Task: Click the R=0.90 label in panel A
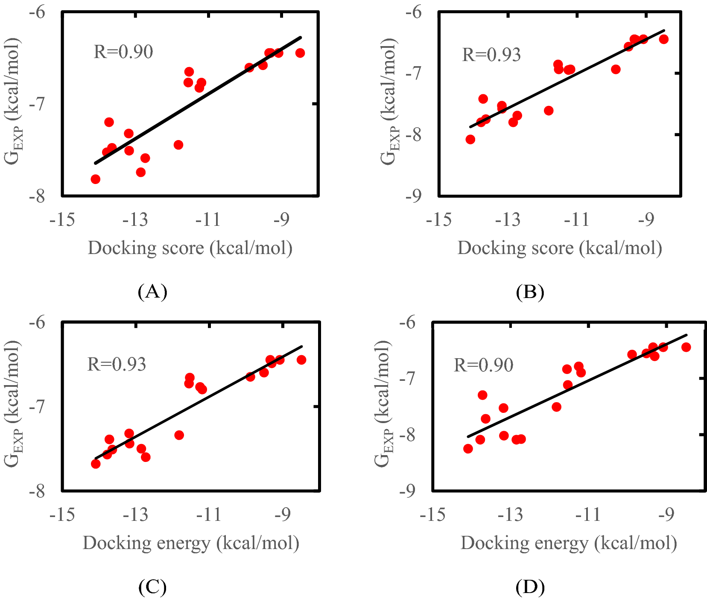(123, 52)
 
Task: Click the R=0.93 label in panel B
(491, 55)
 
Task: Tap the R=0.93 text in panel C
(117, 365)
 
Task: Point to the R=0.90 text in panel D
(483, 365)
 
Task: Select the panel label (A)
(152, 292)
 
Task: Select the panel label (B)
(530, 292)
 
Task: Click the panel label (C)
(152, 587)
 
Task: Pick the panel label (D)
(530, 588)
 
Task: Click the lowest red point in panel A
(96, 179)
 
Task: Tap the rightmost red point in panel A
(300, 53)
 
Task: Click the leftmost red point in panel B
(470, 140)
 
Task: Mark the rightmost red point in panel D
(686, 347)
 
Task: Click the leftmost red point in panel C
(96, 464)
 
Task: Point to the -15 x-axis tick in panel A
(62, 220)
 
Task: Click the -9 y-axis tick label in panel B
(413, 196)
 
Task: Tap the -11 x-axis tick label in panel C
(209, 515)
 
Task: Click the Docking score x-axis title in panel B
(560, 248)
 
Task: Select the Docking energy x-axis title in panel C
(191, 543)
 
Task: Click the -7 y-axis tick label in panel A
(37, 104)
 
